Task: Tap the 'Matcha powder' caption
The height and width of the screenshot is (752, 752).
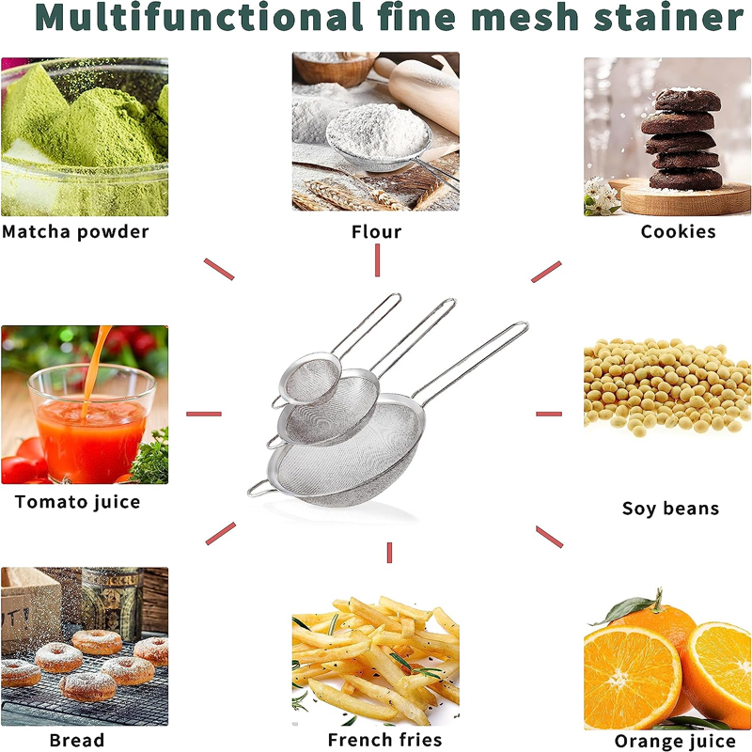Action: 75,231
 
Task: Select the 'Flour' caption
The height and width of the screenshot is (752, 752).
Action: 376,231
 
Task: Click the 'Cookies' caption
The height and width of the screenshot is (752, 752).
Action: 678,231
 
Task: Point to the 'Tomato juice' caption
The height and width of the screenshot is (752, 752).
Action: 77,502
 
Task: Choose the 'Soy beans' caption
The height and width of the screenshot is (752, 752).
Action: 670,509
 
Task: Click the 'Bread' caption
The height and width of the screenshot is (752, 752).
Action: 77,741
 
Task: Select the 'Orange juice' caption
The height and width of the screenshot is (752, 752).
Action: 674,743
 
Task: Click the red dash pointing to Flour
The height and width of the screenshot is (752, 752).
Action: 377,260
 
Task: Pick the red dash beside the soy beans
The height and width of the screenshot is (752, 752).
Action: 549,414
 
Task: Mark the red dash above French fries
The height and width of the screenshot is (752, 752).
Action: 388,554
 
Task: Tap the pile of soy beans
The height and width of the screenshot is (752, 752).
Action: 667,385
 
